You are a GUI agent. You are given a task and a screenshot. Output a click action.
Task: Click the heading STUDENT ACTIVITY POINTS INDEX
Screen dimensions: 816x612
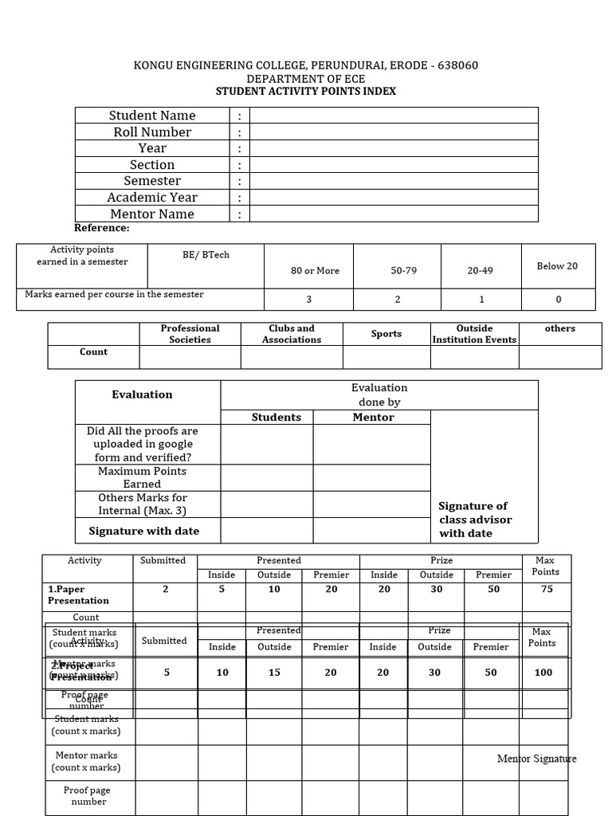306,92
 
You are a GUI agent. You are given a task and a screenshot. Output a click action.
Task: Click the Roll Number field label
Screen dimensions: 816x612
152,132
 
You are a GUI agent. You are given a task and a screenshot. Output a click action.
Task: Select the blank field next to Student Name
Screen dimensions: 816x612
394,116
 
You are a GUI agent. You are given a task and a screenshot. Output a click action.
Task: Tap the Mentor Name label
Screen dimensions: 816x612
152,214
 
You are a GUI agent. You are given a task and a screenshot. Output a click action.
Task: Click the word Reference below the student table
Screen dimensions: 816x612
102,229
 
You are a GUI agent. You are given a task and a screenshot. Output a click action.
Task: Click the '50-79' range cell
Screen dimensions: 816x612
403,271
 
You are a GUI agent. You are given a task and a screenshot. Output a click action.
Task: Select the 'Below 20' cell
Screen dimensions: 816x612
557,266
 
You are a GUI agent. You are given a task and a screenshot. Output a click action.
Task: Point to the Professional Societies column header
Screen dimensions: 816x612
190,334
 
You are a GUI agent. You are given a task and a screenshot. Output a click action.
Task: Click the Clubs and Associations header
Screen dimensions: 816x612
292,334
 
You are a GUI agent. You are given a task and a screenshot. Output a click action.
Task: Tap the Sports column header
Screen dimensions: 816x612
386,334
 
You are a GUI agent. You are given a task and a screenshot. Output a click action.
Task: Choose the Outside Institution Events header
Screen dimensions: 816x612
474,334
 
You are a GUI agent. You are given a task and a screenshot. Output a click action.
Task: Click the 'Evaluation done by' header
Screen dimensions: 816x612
379,395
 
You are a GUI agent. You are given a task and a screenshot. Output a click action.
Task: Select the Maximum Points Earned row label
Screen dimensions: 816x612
142,477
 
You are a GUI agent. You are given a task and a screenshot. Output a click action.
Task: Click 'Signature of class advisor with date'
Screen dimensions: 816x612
476,520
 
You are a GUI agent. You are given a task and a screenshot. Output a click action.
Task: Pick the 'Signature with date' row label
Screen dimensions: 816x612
144,531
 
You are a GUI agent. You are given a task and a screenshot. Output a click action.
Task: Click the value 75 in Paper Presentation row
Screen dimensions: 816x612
545,589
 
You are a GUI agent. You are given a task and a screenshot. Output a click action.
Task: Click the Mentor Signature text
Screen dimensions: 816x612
536,759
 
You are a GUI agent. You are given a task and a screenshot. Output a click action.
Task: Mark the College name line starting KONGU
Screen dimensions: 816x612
306,65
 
